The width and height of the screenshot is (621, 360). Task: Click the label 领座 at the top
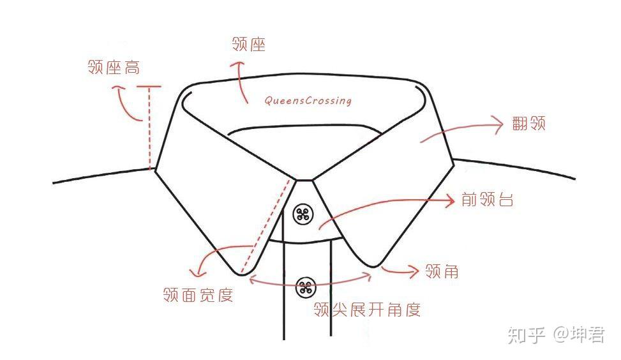(249, 44)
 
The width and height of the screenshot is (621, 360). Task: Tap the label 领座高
(113, 67)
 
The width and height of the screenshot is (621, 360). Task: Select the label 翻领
(528, 124)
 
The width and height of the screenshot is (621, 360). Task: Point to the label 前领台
(487, 199)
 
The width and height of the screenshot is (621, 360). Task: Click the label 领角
(442, 271)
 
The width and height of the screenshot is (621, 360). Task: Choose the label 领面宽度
(198, 295)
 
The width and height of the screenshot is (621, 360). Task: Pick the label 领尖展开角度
(367, 310)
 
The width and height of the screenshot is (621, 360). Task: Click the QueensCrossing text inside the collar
(308, 100)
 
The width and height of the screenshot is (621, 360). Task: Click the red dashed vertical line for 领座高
(149, 128)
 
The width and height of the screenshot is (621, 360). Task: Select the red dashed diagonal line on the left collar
(263, 226)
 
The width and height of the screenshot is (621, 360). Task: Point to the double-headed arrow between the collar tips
(310, 280)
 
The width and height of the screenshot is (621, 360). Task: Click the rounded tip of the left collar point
(242, 273)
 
